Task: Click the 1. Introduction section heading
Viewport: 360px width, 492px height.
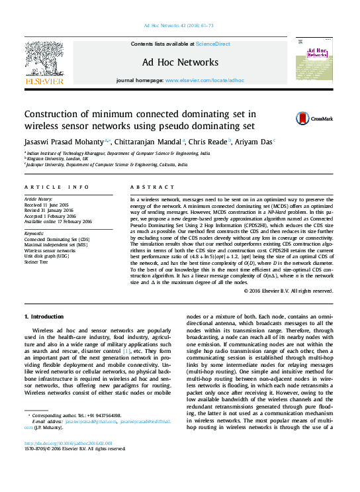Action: pyautogui.click(x=44, y=317)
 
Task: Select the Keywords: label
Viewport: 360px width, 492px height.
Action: pyautogui.click(x=34, y=233)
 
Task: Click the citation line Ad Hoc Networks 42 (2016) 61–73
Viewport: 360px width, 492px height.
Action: pyautogui.click(x=179, y=26)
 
